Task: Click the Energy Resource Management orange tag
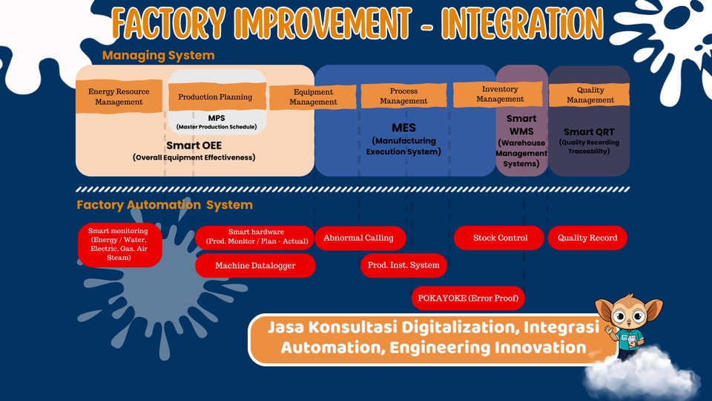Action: point(119,97)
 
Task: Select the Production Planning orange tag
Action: point(215,97)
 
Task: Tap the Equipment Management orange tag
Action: point(313,97)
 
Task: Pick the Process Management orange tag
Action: point(404,96)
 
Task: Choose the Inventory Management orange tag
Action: point(500,94)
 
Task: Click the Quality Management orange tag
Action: point(590,95)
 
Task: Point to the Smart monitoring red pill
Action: point(119,244)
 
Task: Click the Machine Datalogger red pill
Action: point(255,266)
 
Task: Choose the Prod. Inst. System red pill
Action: point(403,265)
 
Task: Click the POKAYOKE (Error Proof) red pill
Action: point(468,298)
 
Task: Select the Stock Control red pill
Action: point(501,238)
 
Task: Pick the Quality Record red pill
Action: point(587,238)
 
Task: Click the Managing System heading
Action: point(158,56)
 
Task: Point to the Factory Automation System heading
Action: point(165,205)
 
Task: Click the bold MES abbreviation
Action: point(404,128)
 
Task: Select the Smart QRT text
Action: point(590,131)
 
